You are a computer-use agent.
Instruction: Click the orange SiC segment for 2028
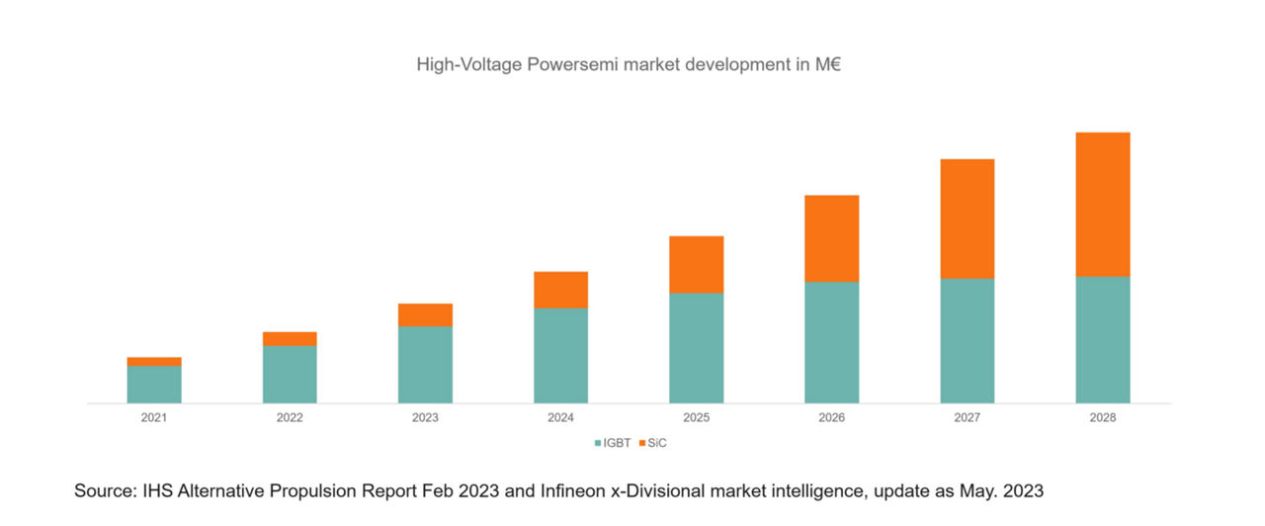pos(1102,204)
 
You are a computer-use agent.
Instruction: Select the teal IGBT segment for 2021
pos(154,385)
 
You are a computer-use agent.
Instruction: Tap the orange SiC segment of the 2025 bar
pos(696,264)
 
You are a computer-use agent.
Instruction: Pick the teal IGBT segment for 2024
pos(560,356)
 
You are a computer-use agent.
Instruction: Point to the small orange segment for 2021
pos(154,362)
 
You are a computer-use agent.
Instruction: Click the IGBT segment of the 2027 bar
pos(967,341)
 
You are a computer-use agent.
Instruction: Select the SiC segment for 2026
pos(831,238)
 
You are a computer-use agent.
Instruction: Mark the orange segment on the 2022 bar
pos(290,339)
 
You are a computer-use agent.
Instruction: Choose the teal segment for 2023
pos(425,365)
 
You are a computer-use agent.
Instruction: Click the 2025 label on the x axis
pos(696,418)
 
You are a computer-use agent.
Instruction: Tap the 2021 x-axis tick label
pos(154,418)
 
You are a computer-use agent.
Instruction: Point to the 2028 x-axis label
pos(1102,418)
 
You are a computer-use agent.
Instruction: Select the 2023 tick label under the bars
pos(425,418)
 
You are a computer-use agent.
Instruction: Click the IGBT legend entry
pos(612,443)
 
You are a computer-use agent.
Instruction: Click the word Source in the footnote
pos(101,490)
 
